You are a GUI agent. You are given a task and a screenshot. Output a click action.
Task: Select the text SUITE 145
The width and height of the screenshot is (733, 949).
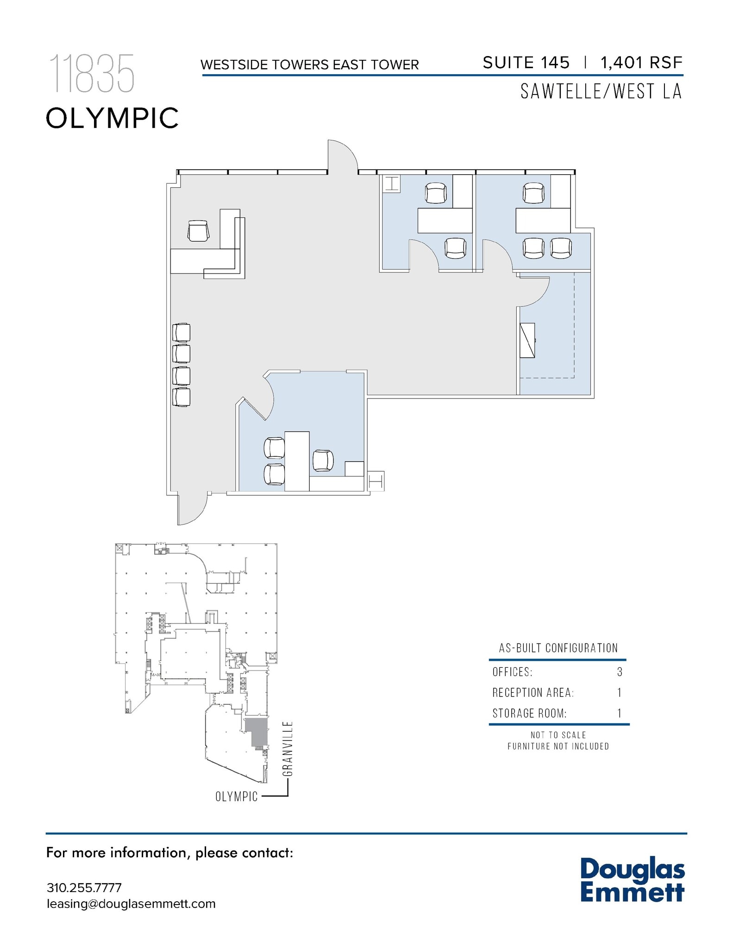(x=526, y=63)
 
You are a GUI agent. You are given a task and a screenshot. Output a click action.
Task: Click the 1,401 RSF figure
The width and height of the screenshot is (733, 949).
(x=641, y=63)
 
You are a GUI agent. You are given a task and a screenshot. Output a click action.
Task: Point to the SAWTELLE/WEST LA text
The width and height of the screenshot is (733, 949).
(x=601, y=91)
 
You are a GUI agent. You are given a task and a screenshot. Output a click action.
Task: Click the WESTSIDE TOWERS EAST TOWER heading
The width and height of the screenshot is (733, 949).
(x=309, y=64)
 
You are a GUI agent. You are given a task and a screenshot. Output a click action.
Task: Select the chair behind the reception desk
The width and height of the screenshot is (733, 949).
(x=199, y=231)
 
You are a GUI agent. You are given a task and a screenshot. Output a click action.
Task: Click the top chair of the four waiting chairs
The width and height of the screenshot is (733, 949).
(x=181, y=332)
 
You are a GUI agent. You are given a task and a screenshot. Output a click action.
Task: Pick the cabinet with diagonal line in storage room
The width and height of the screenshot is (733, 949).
(x=527, y=340)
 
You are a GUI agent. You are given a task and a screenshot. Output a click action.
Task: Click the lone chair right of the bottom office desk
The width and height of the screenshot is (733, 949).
(x=323, y=460)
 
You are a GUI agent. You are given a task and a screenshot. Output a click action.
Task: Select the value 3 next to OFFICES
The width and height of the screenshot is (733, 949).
(x=620, y=672)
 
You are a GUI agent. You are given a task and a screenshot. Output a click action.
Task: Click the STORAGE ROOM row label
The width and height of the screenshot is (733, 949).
(x=529, y=713)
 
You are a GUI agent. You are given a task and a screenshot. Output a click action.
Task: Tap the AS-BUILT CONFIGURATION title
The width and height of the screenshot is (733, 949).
(x=558, y=648)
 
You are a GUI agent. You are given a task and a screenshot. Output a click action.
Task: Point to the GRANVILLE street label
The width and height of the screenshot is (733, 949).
(x=287, y=748)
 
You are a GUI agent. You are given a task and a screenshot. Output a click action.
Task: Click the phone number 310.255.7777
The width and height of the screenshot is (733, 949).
(x=84, y=888)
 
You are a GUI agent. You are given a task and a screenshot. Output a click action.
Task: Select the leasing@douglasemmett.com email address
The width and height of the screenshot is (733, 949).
(x=131, y=904)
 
